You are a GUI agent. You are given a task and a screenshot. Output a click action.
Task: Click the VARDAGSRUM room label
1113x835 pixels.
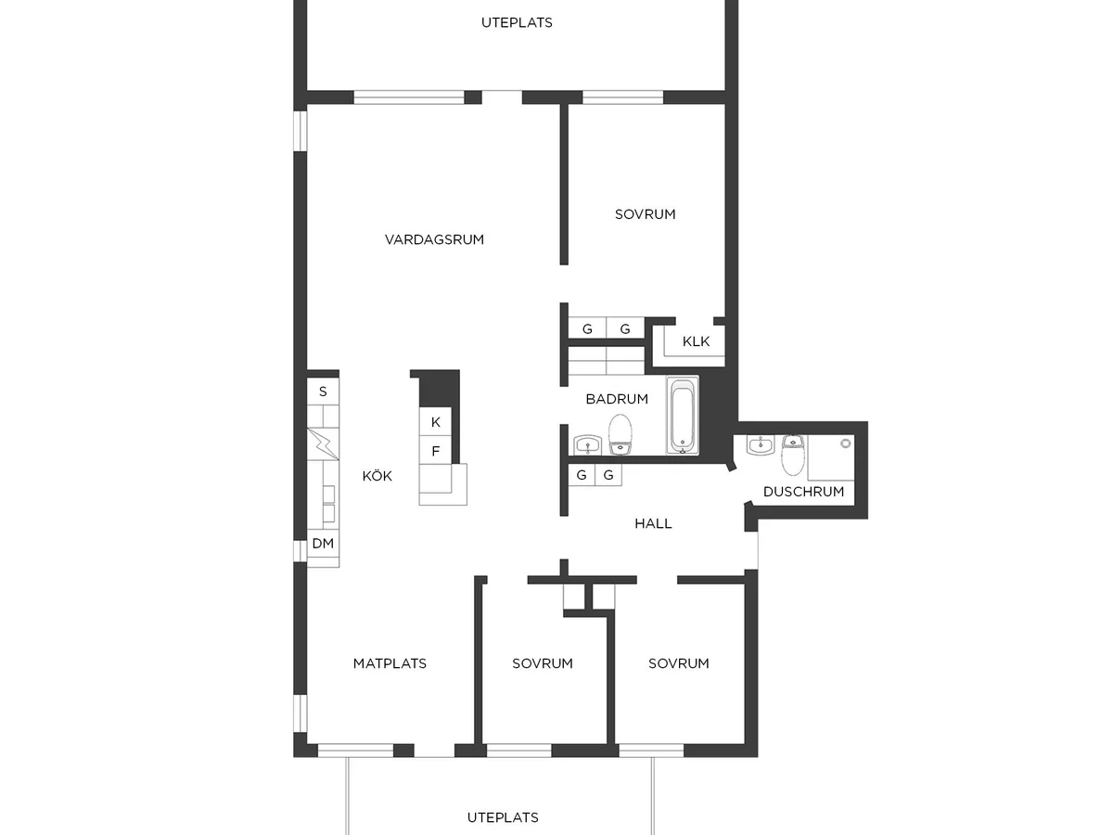[434, 239]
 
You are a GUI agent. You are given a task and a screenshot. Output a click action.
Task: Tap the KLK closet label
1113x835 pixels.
[696, 341]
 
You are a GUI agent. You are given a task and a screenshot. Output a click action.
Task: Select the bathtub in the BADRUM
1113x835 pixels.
[683, 415]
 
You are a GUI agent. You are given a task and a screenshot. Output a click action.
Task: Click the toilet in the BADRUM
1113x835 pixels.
[620, 434]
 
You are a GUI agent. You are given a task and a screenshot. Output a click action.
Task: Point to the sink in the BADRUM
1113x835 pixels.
[588, 444]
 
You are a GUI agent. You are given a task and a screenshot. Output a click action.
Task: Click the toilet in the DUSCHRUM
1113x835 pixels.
[792, 455]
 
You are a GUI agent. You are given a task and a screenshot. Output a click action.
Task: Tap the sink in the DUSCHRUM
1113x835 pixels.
[760, 444]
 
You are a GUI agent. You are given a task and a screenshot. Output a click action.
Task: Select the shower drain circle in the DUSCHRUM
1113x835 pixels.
[845, 443]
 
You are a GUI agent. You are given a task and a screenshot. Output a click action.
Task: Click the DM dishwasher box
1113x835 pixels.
[323, 544]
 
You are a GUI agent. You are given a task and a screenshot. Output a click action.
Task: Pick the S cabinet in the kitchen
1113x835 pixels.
[323, 392]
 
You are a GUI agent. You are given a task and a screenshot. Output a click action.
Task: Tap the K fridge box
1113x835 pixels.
[435, 422]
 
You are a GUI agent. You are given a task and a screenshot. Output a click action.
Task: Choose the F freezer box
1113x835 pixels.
[435, 451]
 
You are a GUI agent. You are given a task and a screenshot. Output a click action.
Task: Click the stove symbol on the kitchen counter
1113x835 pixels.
[323, 444]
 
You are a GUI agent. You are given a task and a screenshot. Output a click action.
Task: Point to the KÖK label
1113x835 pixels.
[377, 476]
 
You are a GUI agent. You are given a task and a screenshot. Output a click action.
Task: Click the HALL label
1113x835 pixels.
[653, 523]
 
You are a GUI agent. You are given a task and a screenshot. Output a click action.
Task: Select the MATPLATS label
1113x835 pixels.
[390, 663]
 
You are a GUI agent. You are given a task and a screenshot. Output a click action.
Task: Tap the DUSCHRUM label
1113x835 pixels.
[803, 492]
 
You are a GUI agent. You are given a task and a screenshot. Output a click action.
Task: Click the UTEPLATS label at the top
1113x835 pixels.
[517, 22]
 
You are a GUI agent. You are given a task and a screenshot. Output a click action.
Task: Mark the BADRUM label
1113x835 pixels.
[617, 399]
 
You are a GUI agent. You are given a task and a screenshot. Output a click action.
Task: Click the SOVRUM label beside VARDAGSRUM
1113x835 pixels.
[645, 214]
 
